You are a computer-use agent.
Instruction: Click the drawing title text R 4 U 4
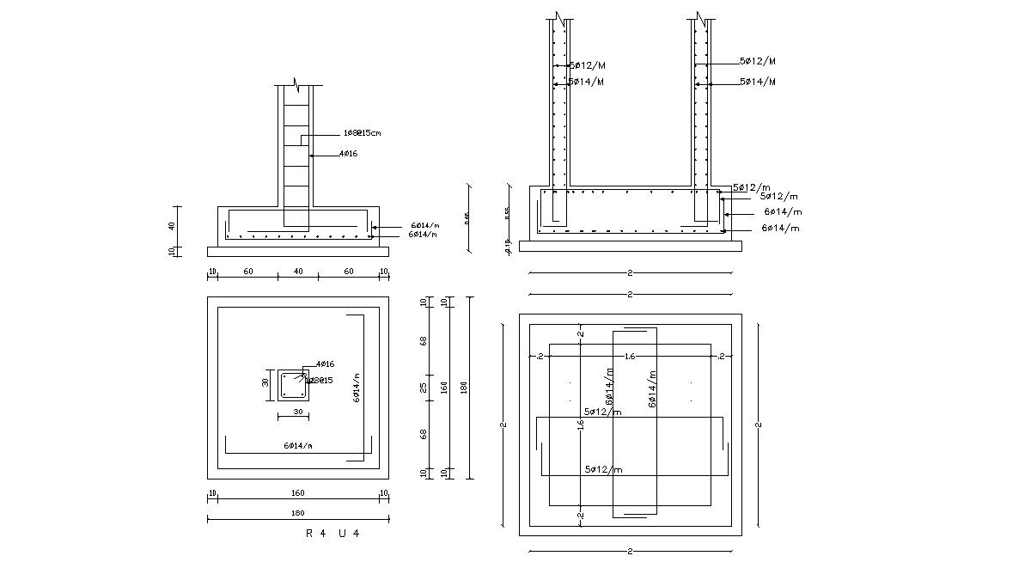[x=332, y=533]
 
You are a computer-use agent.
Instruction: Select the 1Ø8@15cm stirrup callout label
[x=362, y=133]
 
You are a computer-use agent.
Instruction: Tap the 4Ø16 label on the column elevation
[x=348, y=154]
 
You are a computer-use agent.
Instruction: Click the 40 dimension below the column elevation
[x=298, y=272]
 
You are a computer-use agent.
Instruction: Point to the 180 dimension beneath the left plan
[x=298, y=513]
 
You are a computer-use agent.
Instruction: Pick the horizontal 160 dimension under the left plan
[x=298, y=494]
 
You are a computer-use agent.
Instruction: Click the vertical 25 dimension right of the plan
[x=424, y=388]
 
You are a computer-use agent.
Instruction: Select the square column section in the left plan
[x=293, y=385]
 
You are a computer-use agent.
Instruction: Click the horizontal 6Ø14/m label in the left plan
[x=298, y=446]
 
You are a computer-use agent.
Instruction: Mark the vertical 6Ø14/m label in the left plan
[x=356, y=388]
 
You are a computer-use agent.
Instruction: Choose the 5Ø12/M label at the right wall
[x=758, y=62]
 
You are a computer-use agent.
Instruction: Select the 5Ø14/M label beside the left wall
[x=586, y=82]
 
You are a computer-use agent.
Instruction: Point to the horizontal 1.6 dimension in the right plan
[x=630, y=356]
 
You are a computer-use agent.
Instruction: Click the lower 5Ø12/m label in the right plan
[x=603, y=469]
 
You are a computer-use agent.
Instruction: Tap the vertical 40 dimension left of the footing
[x=173, y=225]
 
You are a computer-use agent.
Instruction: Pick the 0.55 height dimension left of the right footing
[x=507, y=211]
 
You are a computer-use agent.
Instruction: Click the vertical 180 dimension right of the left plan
[x=464, y=388]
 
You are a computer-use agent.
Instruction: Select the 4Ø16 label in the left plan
[x=325, y=365]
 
